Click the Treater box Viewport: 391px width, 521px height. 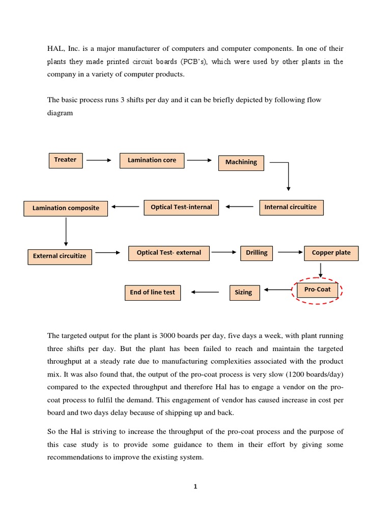pos(65,160)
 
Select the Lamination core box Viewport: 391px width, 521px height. pos(152,160)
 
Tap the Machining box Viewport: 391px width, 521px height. pos(241,162)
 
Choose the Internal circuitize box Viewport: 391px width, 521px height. pos(291,207)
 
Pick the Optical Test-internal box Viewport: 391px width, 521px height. pos(181,207)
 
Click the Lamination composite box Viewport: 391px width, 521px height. pos(66,208)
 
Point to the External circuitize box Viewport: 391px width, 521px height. pos(60,256)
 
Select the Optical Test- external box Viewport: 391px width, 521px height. pos(169,253)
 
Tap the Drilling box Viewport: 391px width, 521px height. pos(257,253)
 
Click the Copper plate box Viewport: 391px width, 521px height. pos(331,253)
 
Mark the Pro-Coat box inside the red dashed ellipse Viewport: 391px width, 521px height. pos(317,290)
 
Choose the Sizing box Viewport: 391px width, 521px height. pos(243,293)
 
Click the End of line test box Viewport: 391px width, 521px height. pos(152,293)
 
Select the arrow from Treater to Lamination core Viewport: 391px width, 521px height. pos(99,160)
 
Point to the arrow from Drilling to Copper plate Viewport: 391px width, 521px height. pos(290,252)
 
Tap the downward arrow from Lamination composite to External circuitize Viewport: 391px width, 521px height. pos(66,231)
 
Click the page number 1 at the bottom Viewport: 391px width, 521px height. pos(195,486)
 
